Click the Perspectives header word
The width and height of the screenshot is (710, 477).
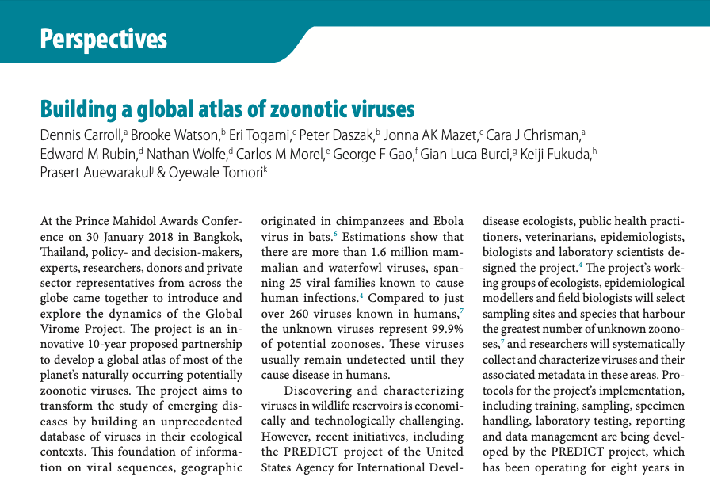104,38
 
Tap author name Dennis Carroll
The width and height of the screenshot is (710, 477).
82,135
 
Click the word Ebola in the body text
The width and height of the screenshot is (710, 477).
447,222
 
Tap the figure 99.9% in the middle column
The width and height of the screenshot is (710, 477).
447,330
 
